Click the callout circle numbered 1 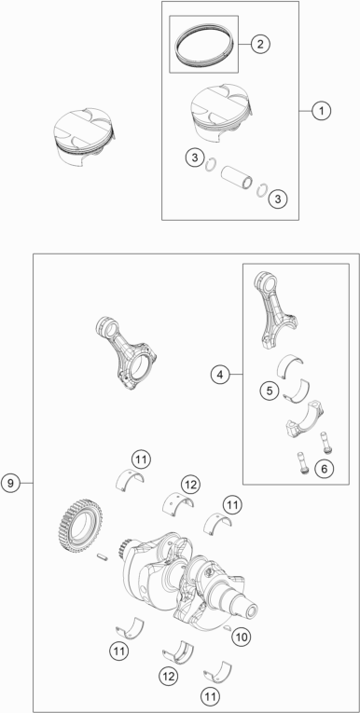point(322,111)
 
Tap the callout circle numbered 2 point(260,44)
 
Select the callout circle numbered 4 point(220,375)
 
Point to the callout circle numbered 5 point(270,391)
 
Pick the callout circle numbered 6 point(324,469)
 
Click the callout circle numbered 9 point(10,483)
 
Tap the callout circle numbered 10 point(242,638)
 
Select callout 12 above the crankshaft point(190,485)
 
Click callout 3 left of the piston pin point(195,158)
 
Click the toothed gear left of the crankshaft point(80,528)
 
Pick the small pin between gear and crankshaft point(102,556)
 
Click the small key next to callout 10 point(228,628)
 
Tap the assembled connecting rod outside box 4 point(126,353)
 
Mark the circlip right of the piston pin point(262,189)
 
